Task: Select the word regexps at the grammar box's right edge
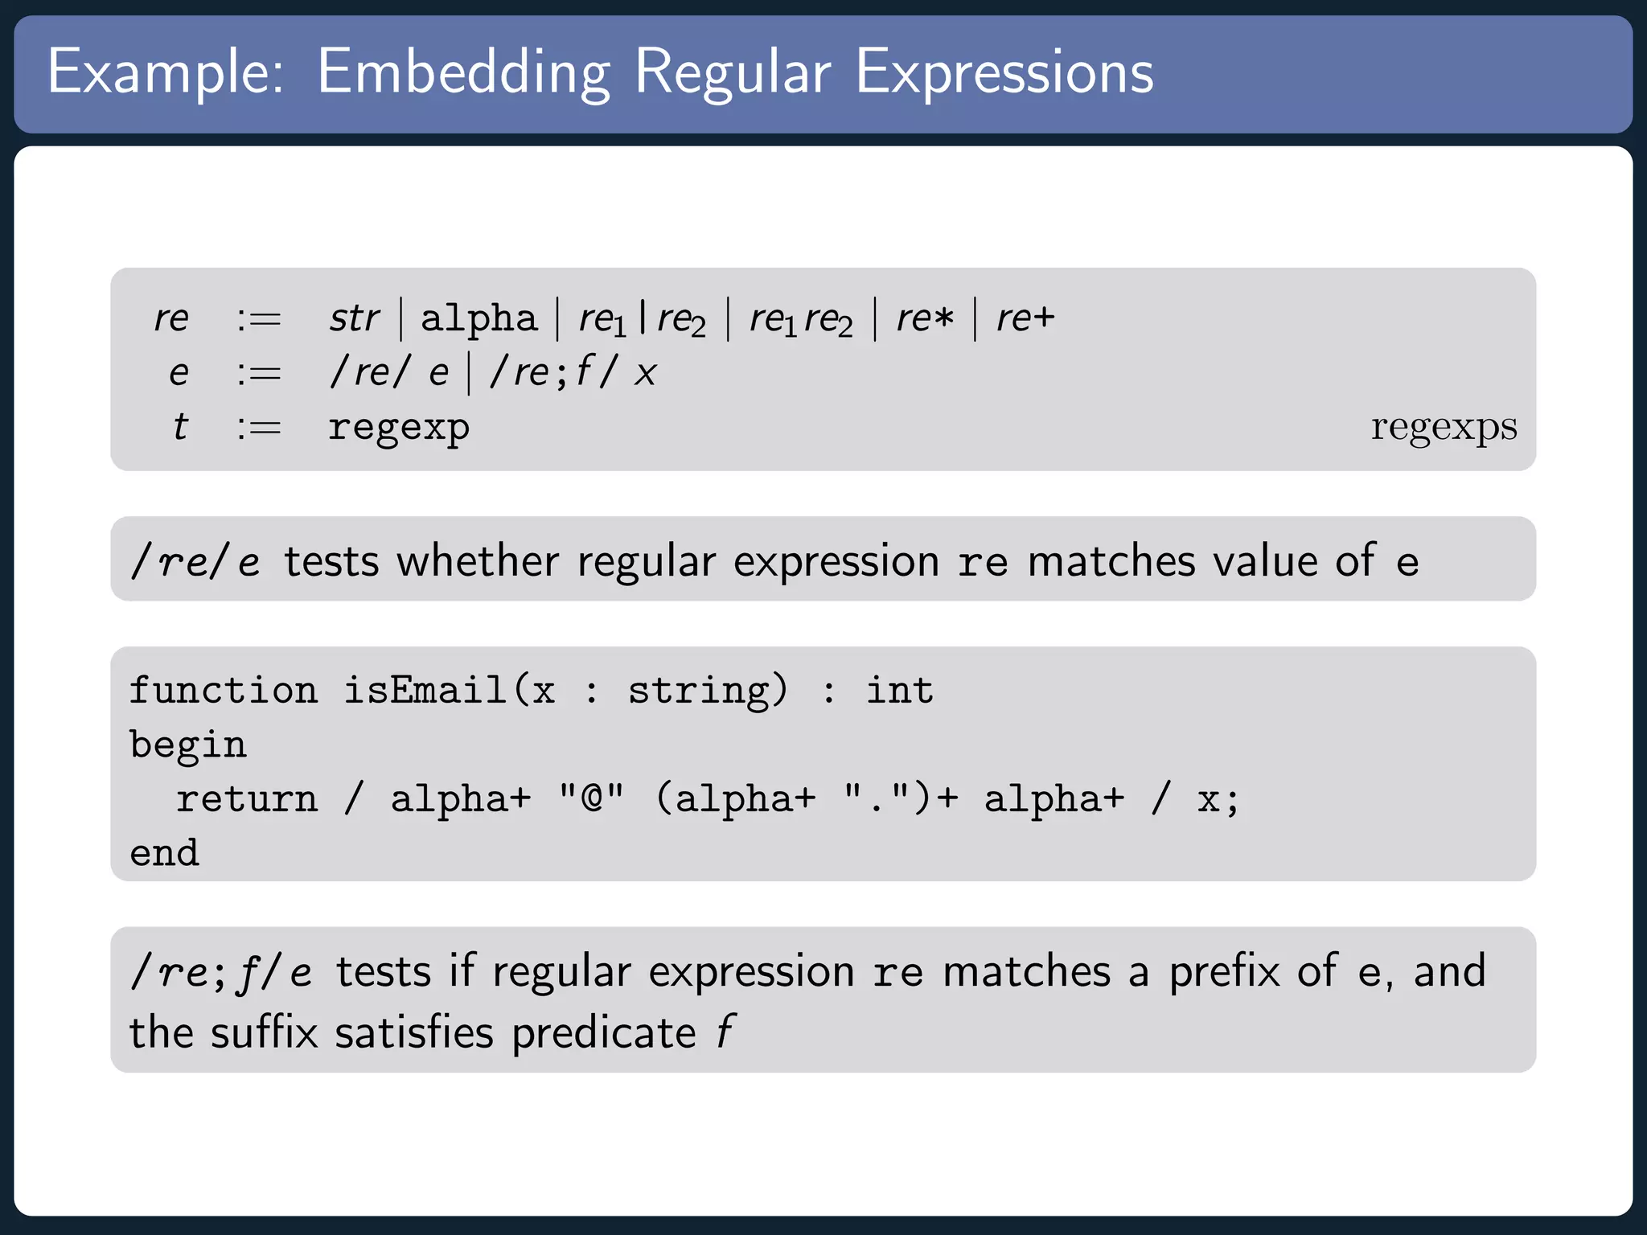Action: (1444, 427)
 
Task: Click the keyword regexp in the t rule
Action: (399, 427)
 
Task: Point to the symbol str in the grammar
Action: (354, 318)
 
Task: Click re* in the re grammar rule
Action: (925, 318)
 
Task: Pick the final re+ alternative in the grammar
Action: (1025, 318)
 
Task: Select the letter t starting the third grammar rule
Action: (180, 427)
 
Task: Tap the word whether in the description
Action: (478, 561)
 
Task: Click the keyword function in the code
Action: (224, 691)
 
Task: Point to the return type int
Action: (900, 691)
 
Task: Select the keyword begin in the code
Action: (188, 745)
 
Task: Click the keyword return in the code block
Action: (247, 799)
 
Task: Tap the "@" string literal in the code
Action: (592, 799)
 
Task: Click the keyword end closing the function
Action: (165, 853)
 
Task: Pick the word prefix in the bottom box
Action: (1224, 972)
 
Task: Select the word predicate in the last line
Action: (604, 1033)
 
